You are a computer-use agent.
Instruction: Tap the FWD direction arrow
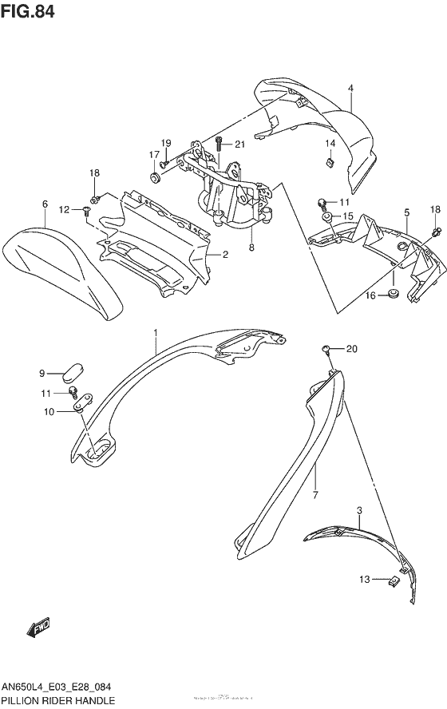point(41,630)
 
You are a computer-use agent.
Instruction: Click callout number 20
point(353,348)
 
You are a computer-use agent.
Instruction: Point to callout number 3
point(359,509)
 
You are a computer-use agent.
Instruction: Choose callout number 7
point(315,494)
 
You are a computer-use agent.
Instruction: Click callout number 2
point(226,255)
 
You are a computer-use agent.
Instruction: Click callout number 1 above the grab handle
point(156,331)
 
